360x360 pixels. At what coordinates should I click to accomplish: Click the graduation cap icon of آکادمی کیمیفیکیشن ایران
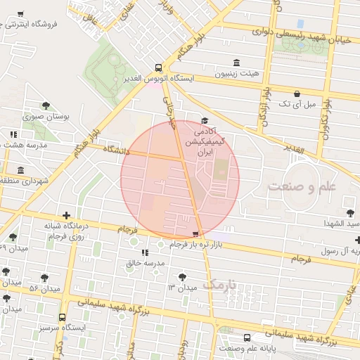(x=205, y=121)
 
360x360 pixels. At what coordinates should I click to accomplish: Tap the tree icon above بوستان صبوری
(x=46, y=105)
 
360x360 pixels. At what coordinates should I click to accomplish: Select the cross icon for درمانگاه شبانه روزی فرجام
(x=66, y=215)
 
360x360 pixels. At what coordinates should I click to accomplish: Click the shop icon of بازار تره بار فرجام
(x=195, y=234)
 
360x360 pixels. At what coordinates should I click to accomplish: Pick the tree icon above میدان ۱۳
(x=184, y=276)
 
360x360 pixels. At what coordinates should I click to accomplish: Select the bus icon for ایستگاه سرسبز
(x=63, y=317)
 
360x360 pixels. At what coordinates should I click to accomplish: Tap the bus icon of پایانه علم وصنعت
(x=246, y=337)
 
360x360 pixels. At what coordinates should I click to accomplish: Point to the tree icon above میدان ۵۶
(x=45, y=278)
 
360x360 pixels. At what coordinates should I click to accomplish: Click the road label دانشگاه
(x=118, y=150)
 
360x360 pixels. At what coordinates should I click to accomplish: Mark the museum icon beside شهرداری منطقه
(x=20, y=170)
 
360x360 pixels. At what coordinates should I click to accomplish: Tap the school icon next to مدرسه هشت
(x=13, y=134)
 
